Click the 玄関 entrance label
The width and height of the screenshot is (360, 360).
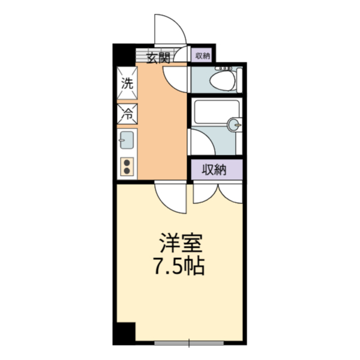click(x=158, y=58)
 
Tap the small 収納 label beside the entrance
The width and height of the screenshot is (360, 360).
click(x=203, y=56)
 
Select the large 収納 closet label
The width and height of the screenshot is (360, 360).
click(x=214, y=170)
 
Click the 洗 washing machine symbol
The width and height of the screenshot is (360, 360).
click(x=127, y=83)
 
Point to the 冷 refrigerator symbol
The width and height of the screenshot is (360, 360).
click(x=127, y=114)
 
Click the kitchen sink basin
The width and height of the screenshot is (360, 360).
click(x=127, y=140)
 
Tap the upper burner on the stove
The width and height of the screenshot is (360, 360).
click(x=127, y=163)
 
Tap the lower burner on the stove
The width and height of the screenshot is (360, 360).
click(x=127, y=170)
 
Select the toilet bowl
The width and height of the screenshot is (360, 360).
click(x=223, y=80)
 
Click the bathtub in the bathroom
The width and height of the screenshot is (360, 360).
click(x=217, y=112)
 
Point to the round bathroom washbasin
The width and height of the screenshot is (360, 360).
click(x=233, y=125)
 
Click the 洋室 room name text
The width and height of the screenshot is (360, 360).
click(x=181, y=243)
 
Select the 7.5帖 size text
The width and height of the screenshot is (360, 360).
click(x=179, y=266)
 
